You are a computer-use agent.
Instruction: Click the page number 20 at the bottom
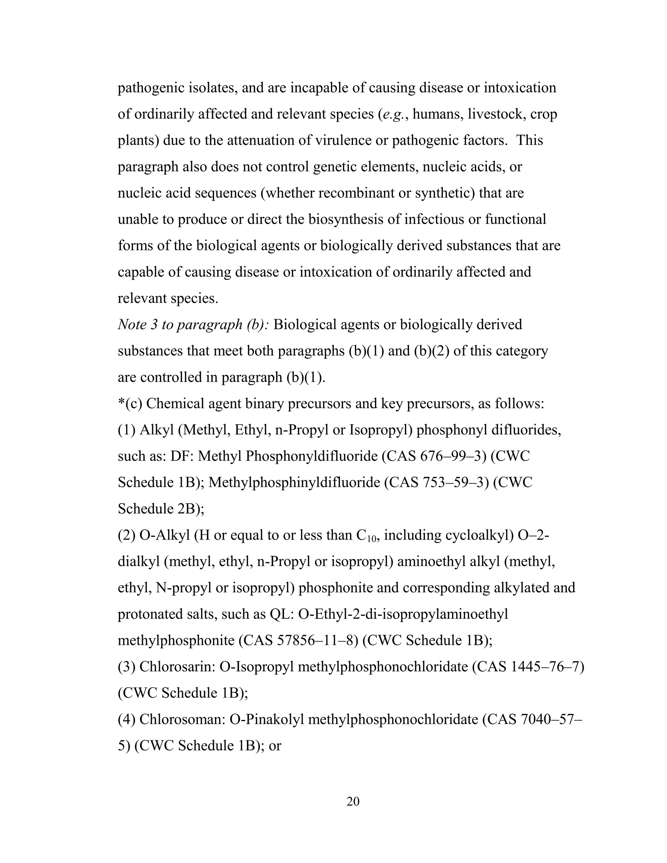[353, 802]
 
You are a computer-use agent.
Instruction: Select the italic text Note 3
[138, 325]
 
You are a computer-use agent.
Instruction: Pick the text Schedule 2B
[160, 509]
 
